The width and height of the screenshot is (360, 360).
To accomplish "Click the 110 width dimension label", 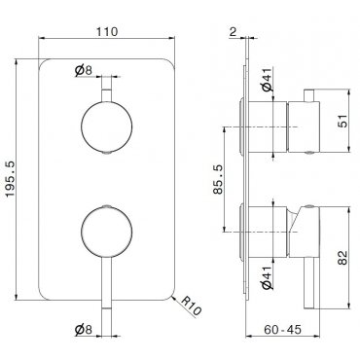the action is pyautogui.click(x=107, y=32).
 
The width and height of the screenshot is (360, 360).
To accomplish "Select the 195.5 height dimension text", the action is pyautogui.click(x=11, y=179).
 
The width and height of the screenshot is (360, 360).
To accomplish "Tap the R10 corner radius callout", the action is pyautogui.click(x=191, y=306).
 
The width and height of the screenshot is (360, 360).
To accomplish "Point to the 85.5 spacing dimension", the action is pyautogui.click(x=218, y=179).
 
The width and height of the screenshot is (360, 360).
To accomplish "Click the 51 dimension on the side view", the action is pyautogui.click(x=342, y=121).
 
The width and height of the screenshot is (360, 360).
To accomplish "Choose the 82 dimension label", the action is pyautogui.click(x=342, y=258).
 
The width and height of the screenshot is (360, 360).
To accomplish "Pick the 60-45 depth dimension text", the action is pyautogui.click(x=282, y=330).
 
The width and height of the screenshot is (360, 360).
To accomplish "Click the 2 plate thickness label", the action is pyautogui.click(x=233, y=32).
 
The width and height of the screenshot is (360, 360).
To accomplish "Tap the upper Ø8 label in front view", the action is pyautogui.click(x=84, y=70).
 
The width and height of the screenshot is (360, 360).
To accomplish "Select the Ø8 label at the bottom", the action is pyautogui.click(x=84, y=330).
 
